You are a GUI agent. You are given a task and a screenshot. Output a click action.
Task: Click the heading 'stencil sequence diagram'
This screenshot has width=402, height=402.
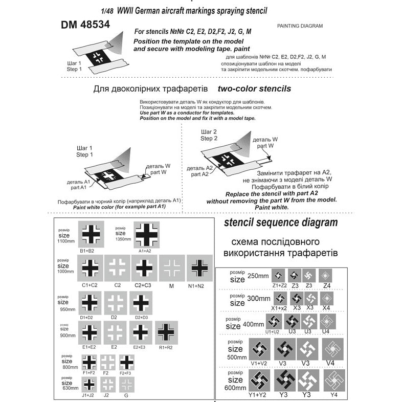[x=281, y=223]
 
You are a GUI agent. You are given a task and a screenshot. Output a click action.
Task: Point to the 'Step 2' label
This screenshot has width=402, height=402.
[x=209, y=139]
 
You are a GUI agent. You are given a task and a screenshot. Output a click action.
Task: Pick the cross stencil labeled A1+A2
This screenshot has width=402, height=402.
[x=146, y=234]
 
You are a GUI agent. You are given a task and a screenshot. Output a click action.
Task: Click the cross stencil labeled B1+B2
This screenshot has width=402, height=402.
[x=91, y=234]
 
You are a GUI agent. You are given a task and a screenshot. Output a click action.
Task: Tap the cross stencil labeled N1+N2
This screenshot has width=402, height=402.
[x=199, y=267]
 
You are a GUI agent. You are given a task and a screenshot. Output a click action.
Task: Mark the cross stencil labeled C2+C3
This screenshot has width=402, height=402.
[x=144, y=267]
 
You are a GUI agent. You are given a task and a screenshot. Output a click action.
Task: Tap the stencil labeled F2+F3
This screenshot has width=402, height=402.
[x=126, y=363]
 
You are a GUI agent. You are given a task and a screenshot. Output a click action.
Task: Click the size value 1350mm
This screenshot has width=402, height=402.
[x=123, y=239]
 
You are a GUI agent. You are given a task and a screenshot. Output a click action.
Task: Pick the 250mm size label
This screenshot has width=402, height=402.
[x=256, y=276]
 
